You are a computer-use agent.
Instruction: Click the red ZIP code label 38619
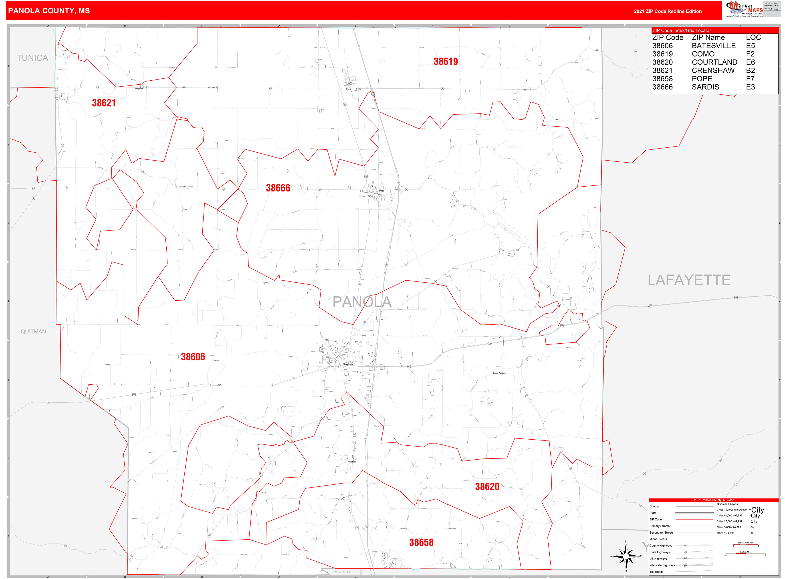445,62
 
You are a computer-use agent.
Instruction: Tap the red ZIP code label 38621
104,103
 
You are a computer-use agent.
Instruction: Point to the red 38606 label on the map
193,357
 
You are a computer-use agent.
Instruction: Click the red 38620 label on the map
487,487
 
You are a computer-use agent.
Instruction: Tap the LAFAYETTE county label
688,280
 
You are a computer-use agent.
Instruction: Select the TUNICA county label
32,58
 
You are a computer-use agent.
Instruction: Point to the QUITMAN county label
33,332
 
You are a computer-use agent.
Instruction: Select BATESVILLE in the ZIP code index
713,46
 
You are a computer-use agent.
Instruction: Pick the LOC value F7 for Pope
750,79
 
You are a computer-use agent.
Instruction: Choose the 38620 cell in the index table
662,62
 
